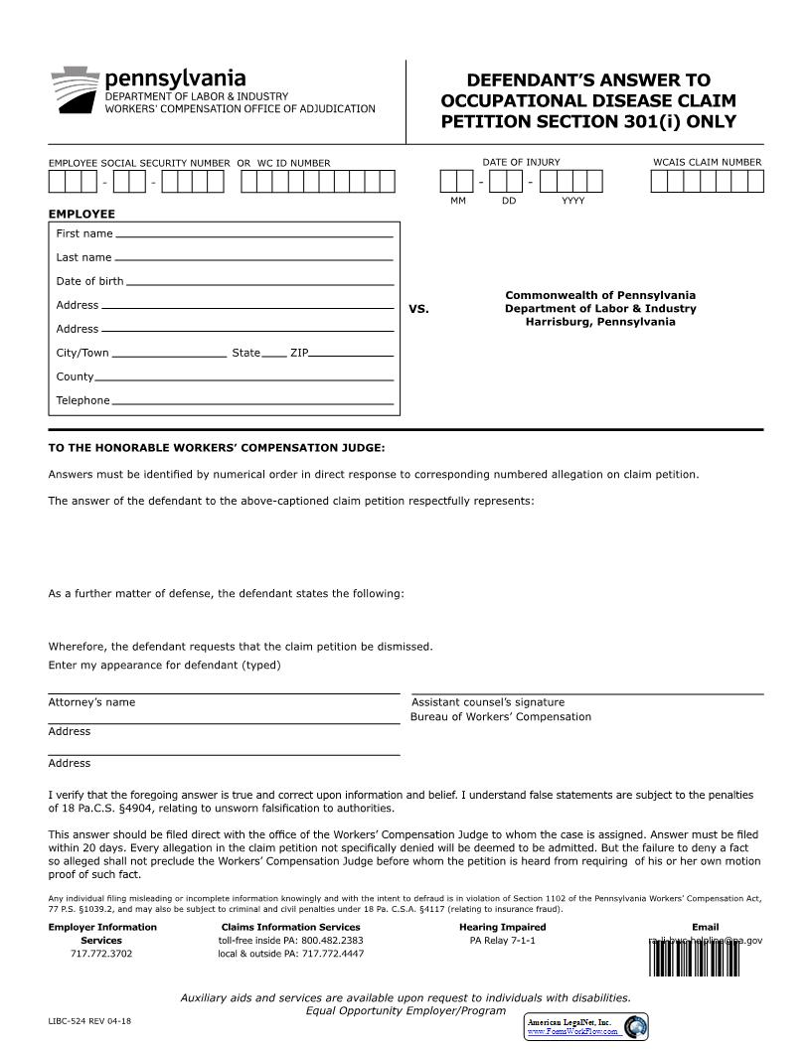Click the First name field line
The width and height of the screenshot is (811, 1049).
(x=253, y=236)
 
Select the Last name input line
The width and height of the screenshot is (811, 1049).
(x=253, y=259)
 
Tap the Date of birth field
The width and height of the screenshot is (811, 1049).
(x=259, y=283)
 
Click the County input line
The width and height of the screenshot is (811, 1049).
(x=243, y=379)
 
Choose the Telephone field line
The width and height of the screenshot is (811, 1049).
(x=252, y=403)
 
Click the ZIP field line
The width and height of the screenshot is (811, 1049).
(x=352, y=355)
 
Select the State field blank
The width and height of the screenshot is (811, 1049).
(x=274, y=355)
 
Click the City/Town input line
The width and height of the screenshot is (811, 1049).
(x=169, y=355)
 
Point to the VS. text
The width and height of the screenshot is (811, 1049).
(x=418, y=309)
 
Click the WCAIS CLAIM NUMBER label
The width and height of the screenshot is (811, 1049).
(x=707, y=162)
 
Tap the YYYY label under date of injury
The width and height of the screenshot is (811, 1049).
(x=572, y=201)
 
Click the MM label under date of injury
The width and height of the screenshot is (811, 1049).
(x=457, y=201)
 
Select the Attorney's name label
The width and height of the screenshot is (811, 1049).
(x=91, y=702)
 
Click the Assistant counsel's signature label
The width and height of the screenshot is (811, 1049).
(x=488, y=702)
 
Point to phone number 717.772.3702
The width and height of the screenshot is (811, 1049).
(x=100, y=954)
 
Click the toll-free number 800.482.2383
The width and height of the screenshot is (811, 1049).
(x=334, y=940)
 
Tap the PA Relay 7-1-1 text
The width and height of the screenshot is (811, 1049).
(x=502, y=940)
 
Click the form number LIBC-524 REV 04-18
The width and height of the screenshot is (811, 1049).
(x=89, y=1021)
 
